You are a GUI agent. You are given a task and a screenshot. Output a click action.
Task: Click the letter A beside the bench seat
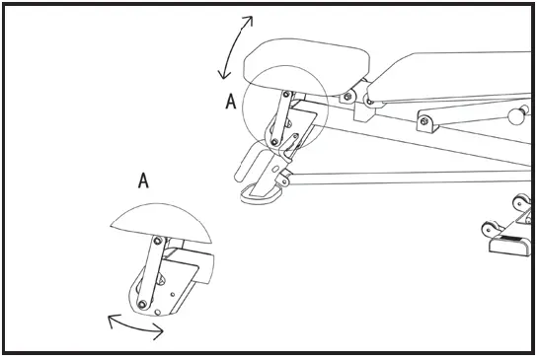[230, 102]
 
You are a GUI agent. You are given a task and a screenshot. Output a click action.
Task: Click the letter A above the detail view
[143, 180]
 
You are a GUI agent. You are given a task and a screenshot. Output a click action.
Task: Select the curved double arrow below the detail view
[134, 326]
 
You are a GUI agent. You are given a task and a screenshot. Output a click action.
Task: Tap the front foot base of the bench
[263, 192]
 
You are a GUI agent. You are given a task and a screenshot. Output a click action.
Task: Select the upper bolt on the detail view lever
[157, 239]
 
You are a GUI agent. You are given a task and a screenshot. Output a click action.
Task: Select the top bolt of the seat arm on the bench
[286, 95]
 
